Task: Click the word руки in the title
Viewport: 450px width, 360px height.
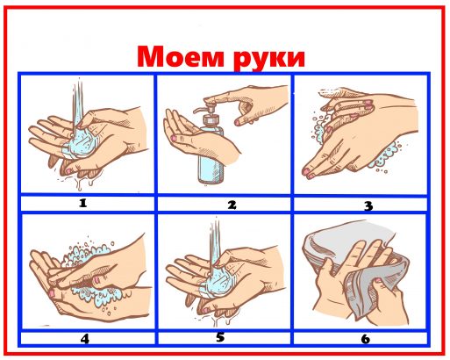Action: coord(269,59)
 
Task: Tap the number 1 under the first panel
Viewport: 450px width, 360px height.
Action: coord(83,203)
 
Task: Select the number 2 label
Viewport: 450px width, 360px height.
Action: coord(232,205)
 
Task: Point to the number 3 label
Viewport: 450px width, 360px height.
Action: coord(368,205)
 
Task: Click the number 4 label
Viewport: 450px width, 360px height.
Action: coord(85,339)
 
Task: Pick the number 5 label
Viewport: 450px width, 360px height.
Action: coord(220,337)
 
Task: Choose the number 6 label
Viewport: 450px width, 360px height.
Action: coord(366,339)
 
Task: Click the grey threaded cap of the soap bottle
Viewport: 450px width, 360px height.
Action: coord(211,119)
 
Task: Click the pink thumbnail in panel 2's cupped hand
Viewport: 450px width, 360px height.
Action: coord(174,137)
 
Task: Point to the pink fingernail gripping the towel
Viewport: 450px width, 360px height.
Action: coord(378,281)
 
